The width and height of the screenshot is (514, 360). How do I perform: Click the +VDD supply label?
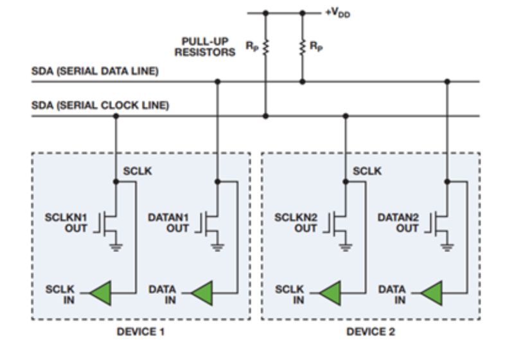[x=338, y=13]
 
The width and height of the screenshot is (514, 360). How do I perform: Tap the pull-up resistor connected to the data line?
[x=303, y=47]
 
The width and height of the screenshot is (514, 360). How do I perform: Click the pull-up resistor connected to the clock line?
[x=265, y=47]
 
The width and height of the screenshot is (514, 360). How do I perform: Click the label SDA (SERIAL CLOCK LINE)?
[x=100, y=105]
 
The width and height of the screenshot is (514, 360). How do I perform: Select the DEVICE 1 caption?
[x=141, y=332]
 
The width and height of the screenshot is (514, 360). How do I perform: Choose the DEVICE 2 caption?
[x=371, y=332]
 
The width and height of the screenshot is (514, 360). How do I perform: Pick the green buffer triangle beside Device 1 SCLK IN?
[x=101, y=294]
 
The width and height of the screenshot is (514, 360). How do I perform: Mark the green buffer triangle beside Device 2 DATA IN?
[x=432, y=294]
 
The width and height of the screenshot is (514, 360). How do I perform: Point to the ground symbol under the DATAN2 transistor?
[x=448, y=248]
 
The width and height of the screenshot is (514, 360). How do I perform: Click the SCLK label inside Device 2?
[x=367, y=171]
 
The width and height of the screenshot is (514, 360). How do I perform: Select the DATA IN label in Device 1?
[x=162, y=294]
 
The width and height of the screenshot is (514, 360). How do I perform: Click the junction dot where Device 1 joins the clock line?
[x=116, y=116]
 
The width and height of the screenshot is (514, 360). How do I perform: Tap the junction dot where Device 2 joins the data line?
[x=448, y=82]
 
